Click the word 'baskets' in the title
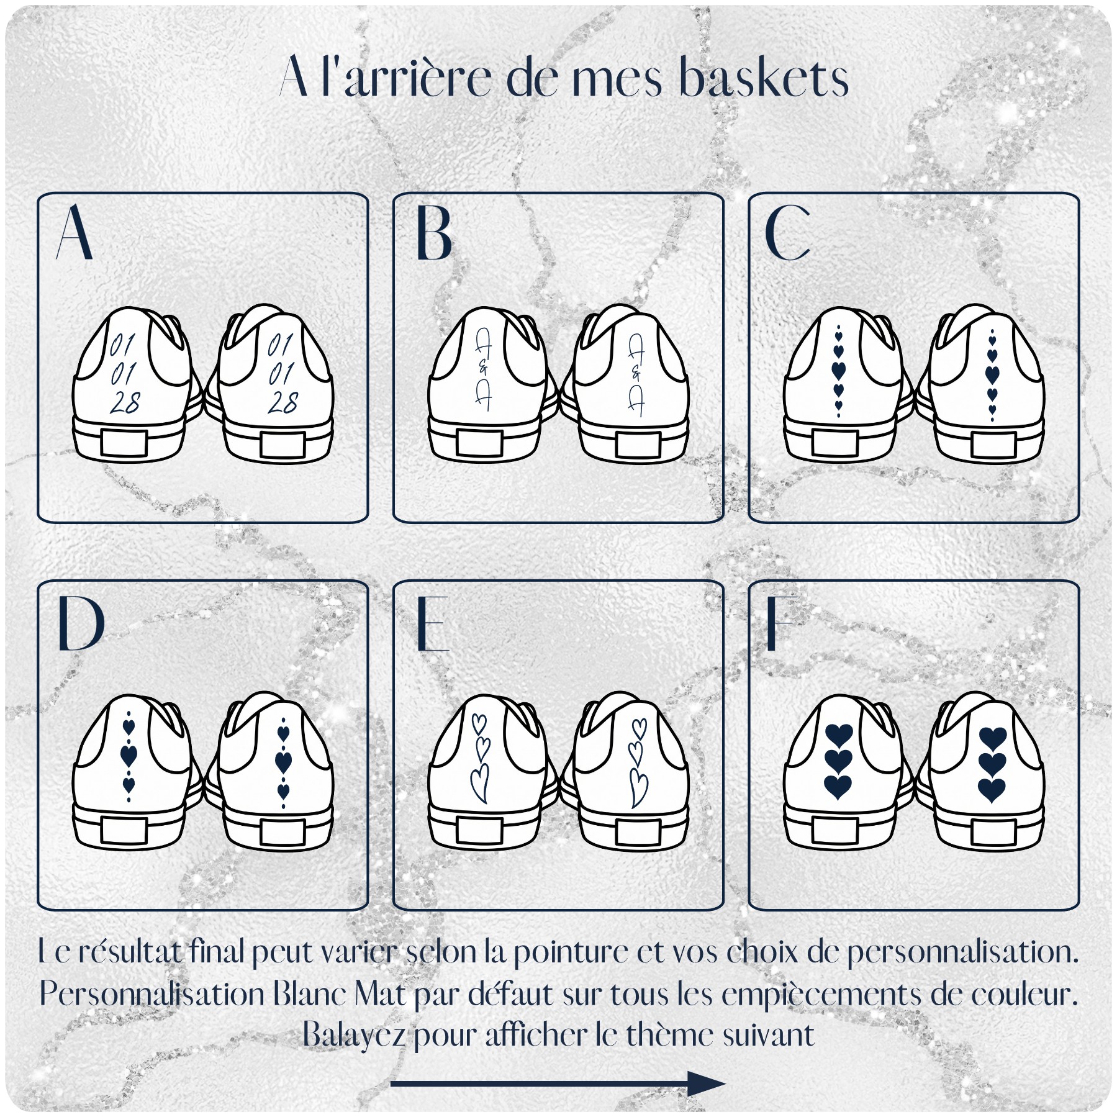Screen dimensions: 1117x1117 point(764,79)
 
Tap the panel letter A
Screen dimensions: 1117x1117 point(75,232)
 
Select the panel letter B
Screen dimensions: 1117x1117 point(434,232)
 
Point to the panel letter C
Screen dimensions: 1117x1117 point(788,232)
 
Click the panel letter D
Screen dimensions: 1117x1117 point(81,623)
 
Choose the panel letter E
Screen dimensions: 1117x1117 point(433,623)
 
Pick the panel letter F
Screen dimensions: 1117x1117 point(780,623)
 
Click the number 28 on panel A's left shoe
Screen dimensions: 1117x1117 point(125,403)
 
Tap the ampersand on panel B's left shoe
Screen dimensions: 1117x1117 point(484,369)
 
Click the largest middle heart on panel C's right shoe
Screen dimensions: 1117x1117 point(992,374)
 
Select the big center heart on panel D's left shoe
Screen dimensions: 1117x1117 point(129,756)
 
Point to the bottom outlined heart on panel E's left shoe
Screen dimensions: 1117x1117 point(479,784)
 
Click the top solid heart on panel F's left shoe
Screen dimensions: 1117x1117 point(838,736)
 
